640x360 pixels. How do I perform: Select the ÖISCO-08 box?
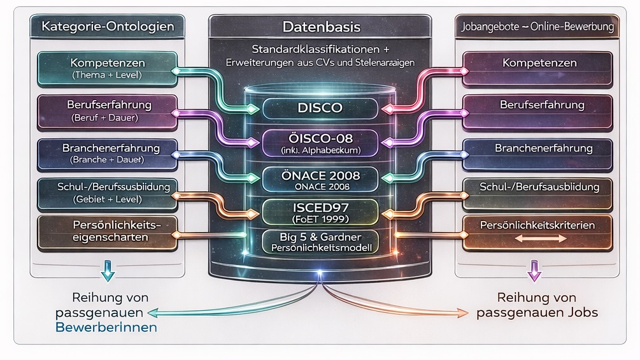(320, 143)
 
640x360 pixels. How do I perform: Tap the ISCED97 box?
(320, 211)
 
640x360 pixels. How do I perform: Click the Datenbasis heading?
(320, 27)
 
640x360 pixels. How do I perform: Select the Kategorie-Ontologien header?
(107, 27)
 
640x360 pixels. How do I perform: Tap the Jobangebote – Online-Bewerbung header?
(535, 27)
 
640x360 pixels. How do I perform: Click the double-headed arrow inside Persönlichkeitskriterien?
(539, 238)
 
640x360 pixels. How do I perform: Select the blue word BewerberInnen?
(107, 328)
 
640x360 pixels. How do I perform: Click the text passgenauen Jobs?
(537, 313)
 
